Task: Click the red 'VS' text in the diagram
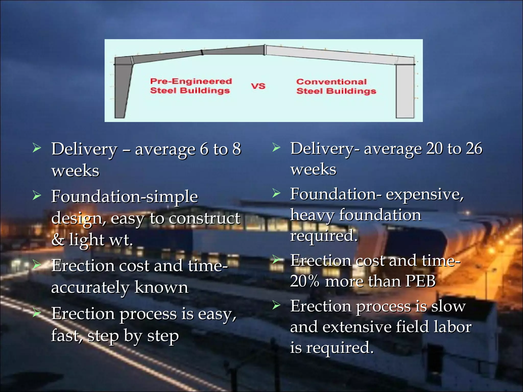point(258,86)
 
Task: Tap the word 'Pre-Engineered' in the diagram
point(191,81)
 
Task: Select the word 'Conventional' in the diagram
point(331,82)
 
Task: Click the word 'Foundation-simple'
point(125,197)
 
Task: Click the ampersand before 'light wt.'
point(58,240)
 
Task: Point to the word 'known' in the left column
point(161,288)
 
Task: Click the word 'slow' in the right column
point(448,306)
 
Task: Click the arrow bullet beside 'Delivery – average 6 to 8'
point(37,148)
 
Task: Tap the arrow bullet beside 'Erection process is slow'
point(276,305)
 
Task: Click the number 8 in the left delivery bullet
point(237,149)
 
